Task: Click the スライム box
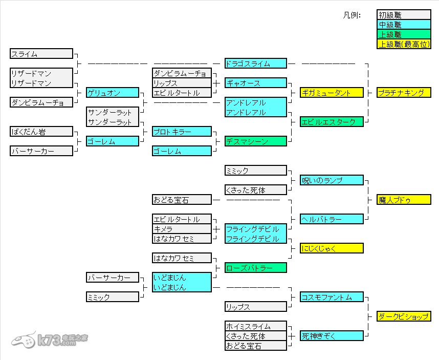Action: (x=41, y=54)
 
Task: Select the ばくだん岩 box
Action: (x=41, y=132)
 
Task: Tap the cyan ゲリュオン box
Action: (x=112, y=93)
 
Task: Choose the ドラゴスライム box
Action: (x=255, y=63)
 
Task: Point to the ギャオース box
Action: (x=255, y=83)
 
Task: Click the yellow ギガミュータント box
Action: (x=332, y=93)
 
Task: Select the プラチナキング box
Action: (x=404, y=93)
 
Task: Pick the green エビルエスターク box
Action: (x=332, y=122)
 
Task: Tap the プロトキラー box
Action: (x=182, y=132)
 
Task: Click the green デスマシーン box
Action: (x=255, y=141)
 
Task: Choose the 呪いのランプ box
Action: (x=332, y=180)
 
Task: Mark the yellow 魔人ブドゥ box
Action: (x=404, y=200)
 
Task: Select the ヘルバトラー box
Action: (x=332, y=219)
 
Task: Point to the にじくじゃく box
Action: (x=332, y=248)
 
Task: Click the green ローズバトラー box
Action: (x=255, y=268)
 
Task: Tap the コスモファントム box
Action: (x=332, y=297)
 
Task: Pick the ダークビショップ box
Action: (x=404, y=316)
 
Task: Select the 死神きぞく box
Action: (x=332, y=336)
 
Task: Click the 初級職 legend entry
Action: (x=404, y=15)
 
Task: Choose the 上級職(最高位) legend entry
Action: (x=404, y=45)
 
